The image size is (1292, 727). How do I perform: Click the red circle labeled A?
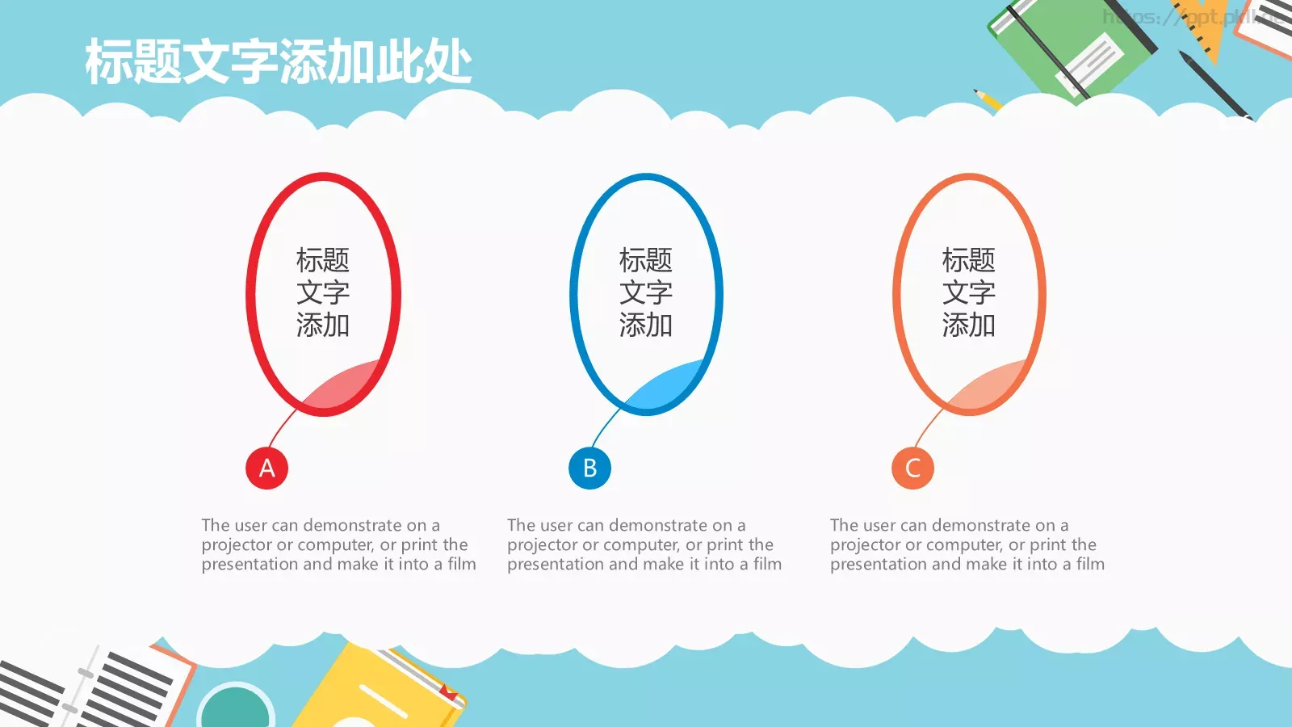[x=266, y=468]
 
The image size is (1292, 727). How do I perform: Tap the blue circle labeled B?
[x=589, y=468]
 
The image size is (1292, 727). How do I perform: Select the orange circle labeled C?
[x=912, y=468]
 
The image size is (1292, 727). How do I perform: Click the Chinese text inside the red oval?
[x=322, y=292]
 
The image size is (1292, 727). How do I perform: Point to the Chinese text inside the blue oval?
[x=645, y=292]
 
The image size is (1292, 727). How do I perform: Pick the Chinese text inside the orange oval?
[x=968, y=292]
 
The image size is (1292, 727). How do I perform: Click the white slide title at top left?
[x=278, y=62]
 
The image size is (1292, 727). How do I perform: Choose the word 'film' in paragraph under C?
[x=1089, y=565]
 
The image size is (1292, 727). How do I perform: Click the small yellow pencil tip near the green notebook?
[x=988, y=99]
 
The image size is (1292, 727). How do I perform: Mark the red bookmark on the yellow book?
[x=447, y=691]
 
